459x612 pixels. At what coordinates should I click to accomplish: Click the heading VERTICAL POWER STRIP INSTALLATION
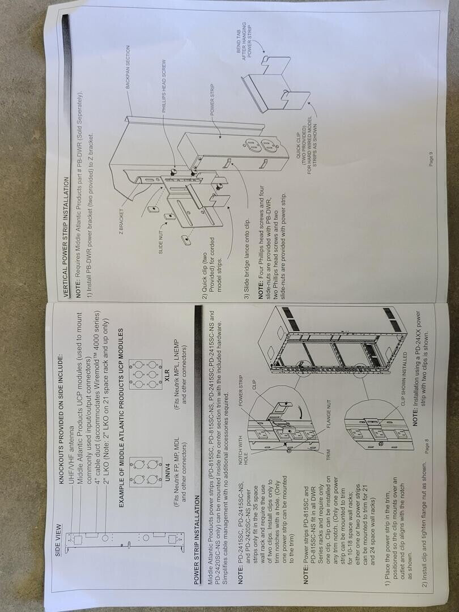[66, 237]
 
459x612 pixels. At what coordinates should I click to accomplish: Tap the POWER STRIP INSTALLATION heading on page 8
[198, 539]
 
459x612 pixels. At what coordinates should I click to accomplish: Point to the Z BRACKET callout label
[121, 222]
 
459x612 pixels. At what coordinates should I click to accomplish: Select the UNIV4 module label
[167, 471]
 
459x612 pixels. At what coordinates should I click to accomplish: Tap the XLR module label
[167, 374]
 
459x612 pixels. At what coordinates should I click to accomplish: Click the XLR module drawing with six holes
[145, 374]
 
